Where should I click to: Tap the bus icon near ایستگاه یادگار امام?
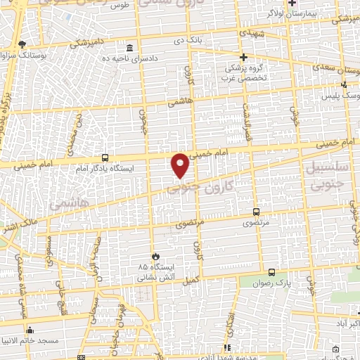point(105,158)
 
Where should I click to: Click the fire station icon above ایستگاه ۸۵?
point(156,256)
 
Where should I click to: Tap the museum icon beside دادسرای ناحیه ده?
point(129,49)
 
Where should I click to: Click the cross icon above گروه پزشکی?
point(244,57)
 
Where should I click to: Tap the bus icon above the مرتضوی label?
point(255,211)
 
